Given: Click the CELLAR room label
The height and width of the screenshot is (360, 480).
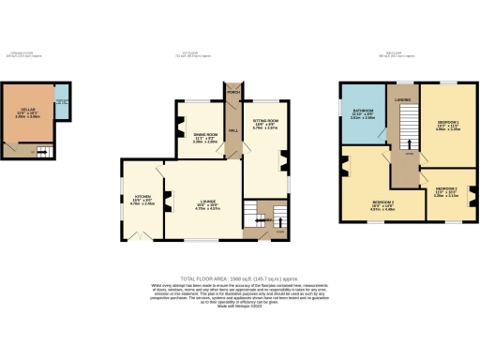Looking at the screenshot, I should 27,114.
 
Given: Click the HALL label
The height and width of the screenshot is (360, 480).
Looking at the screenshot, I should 232,130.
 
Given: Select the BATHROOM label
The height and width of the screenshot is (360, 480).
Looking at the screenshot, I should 362,115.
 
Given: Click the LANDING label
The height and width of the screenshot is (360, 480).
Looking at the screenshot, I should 403,97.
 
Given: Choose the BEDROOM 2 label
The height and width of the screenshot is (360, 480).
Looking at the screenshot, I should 446,193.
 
